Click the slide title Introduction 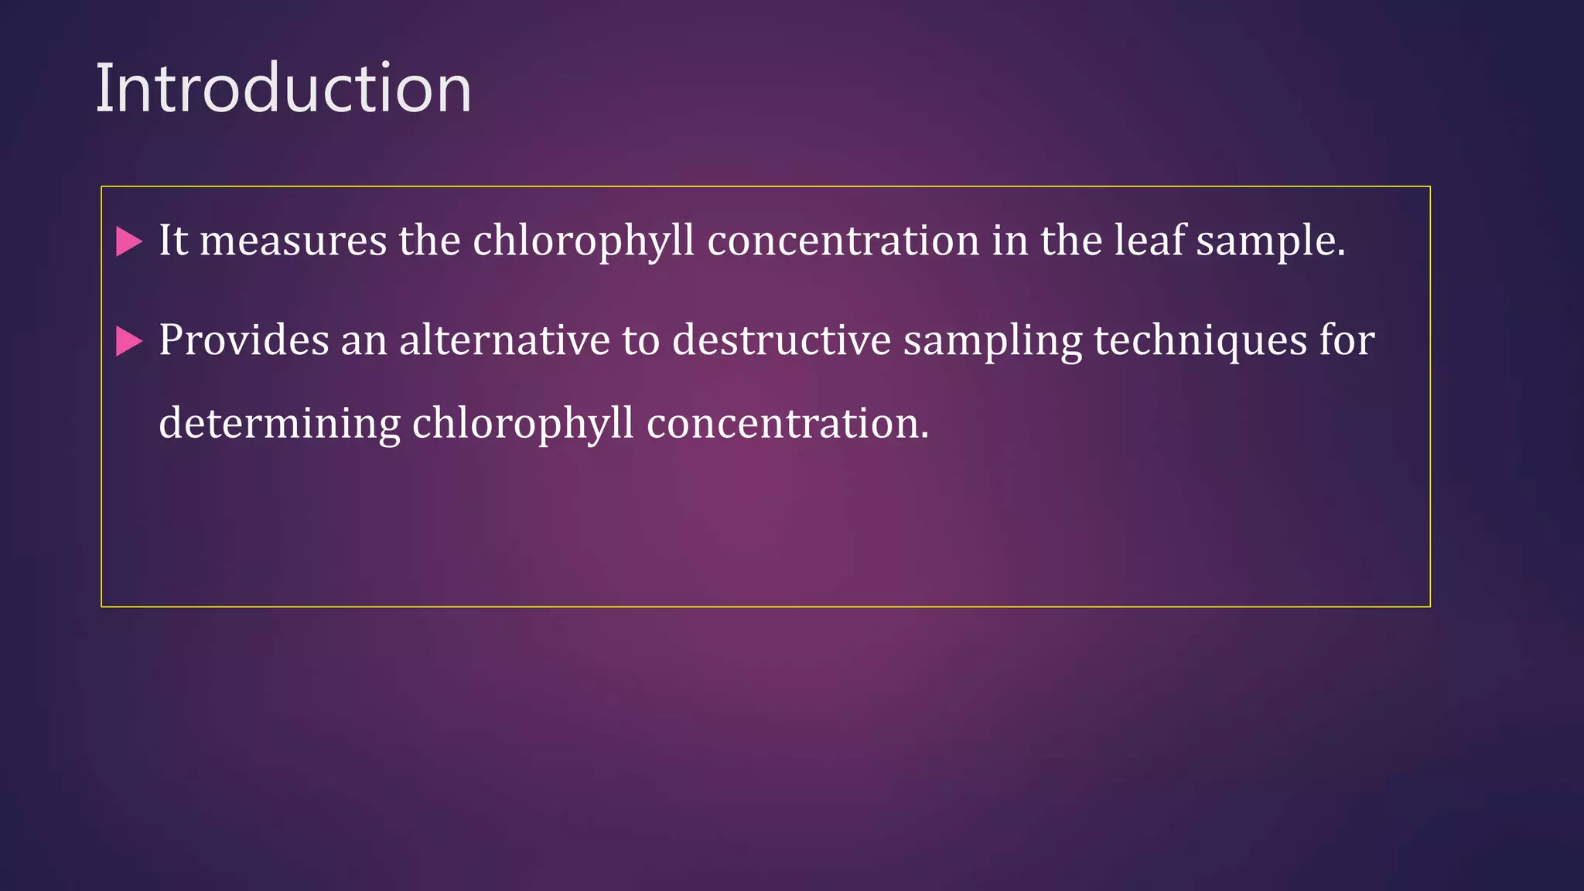(283, 88)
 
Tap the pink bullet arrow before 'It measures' (129, 241)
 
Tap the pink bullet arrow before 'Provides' (129, 341)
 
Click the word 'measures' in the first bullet (293, 241)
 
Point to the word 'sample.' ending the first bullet (1271, 241)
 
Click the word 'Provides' (244, 340)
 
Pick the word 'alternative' (504, 340)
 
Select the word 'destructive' (781, 340)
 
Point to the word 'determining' (279, 424)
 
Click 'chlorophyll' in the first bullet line (583, 241)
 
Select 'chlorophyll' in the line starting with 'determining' (523, 424)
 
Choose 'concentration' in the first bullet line (843, 241)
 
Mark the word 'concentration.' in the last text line (787, 423)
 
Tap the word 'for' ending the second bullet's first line (1347, 340)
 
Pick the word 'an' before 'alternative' (364, 340)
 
